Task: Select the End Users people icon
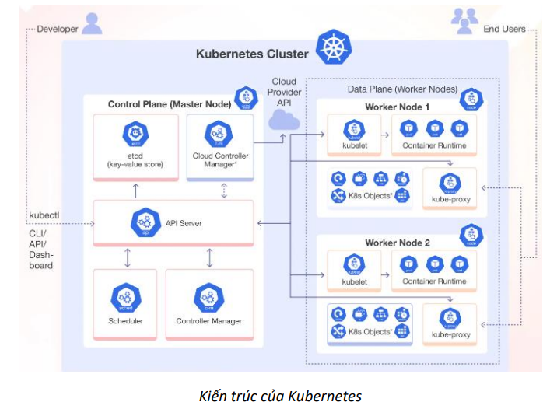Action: point(464,22)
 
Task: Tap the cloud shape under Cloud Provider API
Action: point(284,119)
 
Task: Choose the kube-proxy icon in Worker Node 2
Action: point(450,318)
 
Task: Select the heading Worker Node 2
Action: point(397,243)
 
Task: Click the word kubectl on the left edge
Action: point(44,214)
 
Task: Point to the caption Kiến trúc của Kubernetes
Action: point(278,395)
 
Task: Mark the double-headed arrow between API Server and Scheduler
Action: point(127,256)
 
